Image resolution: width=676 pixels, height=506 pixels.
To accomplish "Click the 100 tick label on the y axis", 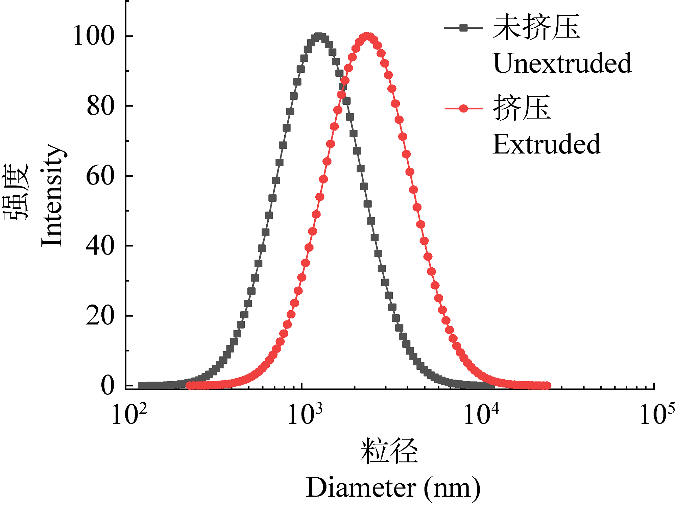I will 94,36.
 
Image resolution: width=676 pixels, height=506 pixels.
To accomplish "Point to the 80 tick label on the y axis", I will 100,106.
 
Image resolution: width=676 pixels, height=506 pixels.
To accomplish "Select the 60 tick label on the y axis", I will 100,176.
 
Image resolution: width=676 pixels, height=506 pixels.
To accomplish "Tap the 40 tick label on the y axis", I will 100,246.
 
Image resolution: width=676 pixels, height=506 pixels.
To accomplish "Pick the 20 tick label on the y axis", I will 100,316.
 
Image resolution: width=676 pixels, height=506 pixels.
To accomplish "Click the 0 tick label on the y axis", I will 108,385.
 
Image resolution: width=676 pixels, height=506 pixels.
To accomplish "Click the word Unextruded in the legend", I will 562,63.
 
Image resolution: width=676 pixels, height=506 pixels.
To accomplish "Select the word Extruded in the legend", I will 546,144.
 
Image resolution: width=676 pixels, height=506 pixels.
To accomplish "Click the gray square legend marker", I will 464,28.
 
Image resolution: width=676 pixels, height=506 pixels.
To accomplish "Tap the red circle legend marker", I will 464,109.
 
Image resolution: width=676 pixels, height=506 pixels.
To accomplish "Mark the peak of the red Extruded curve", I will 367,36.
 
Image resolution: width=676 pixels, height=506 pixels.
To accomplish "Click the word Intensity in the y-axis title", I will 52,195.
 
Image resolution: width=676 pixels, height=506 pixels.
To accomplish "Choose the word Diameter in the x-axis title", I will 361,488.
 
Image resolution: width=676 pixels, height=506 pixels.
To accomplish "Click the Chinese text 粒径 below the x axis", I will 389,451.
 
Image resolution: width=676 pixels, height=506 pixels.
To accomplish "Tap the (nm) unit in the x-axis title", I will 452,488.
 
